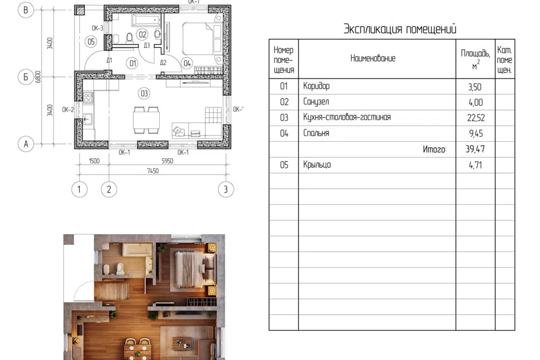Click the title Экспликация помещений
pos(400,29)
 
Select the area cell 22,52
pos(476,118)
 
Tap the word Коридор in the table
pos(316,85)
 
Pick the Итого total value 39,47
pos(475,149)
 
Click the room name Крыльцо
pos(317,165)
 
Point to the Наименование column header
pos(372,58)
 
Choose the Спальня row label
pos(316,133)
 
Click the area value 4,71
pos(475,165)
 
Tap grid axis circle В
pos(26,10)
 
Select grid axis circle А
pos(26,143)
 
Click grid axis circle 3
pos(226,189)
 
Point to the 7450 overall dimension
pos(152,170)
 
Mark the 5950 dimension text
pos(168,161)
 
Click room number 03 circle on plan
pos(144,93)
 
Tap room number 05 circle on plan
pos(91,42)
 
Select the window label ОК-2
pos(68,110)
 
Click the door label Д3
pos(147,45)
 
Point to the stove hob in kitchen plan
pos(88,97)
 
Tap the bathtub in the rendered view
pos(138,250)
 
